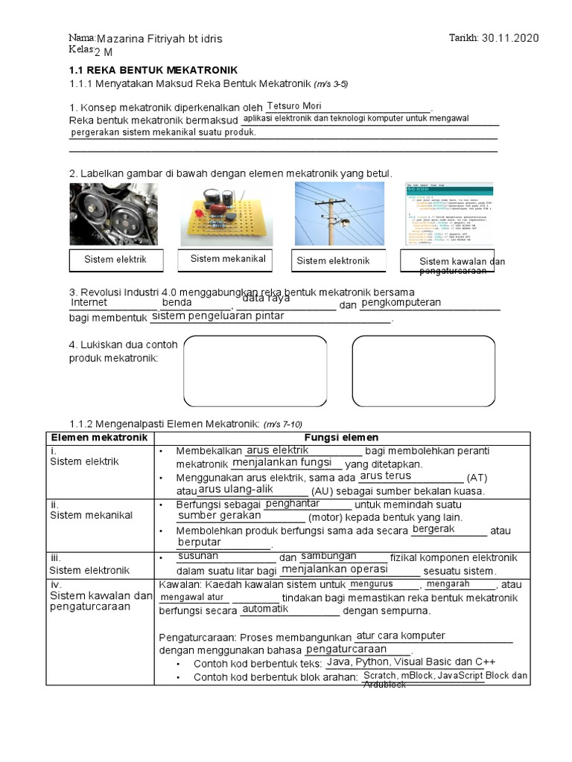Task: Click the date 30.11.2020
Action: (510, 39)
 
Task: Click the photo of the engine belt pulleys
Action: (113, 214)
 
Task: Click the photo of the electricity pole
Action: (339, 214)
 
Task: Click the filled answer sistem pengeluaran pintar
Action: (217, 316)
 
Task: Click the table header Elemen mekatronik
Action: (99, 438)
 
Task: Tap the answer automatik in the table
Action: (265, 609)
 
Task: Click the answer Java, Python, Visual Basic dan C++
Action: (410, 662)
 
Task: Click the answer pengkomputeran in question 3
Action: (401, 303)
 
